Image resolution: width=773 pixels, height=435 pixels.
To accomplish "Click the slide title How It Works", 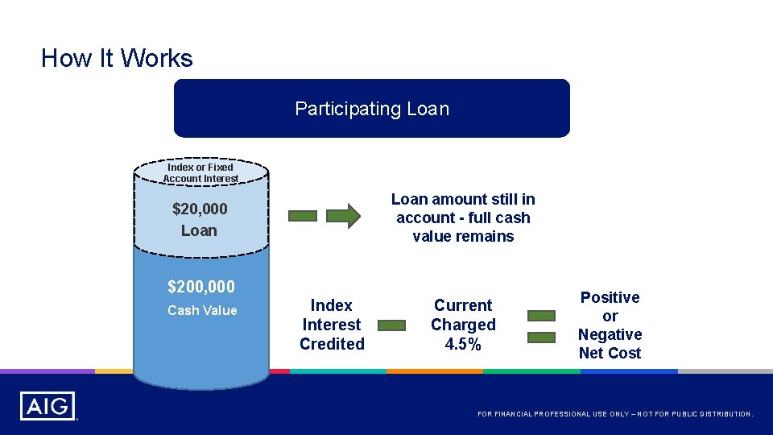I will pyautogui.click(x=117, y=58).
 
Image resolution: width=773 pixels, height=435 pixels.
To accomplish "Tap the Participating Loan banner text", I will pyautogui.click(x=372, y=109).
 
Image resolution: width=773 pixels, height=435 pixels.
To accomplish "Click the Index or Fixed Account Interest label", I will pyautogui.click(x=200, y=172).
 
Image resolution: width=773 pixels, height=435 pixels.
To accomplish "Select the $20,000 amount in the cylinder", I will pyautogui.click(x=200, y=209).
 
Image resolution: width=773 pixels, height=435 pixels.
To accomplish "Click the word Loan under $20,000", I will pyautogui.click(x=199, y=230).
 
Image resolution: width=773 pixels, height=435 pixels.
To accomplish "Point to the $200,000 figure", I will pyautogui.click(x=201, y=286).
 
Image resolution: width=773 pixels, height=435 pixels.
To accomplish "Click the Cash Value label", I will pyautogui.click(x=202, y=310).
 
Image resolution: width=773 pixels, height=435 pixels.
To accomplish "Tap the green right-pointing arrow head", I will pyautogui.click(x=344, y=216).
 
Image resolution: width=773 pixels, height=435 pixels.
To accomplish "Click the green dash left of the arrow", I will pyautogui.click(x=304, y=216).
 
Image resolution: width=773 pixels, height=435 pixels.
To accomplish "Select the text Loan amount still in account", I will pyautogui.click(x=463, y=208).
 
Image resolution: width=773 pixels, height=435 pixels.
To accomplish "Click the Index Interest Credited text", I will pyautogui.click(x=332, y=325).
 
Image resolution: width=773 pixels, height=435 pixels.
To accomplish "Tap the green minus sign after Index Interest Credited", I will pyautogui.click(x=391, y=325).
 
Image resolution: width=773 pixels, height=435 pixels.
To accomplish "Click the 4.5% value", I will pyautogui.click(x=463, y=344).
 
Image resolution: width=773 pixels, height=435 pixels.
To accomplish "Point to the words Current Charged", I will pyautogui.click(x=463, y=315).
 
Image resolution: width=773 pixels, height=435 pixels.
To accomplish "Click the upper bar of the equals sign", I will pyautogui.click(x=542, y=317).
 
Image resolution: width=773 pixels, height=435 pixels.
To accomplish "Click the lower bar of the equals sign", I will pyautogui.click(x=542, y=337).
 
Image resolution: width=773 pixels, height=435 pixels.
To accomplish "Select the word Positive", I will pyautogui.click(x=610, y=297).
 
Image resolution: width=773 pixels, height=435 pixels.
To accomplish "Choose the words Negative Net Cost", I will pyautogui.click(x=610, y=343).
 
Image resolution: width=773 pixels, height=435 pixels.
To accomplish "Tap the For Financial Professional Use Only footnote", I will pyautogui.click(x=615, y=414).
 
